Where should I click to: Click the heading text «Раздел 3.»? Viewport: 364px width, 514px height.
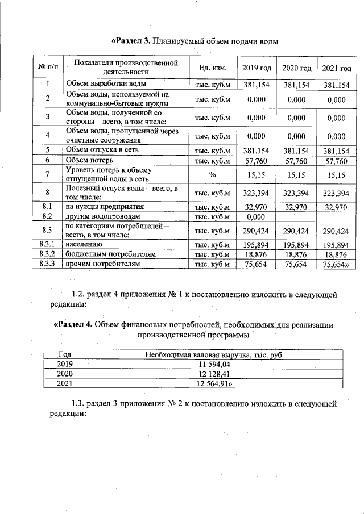coord(131,41)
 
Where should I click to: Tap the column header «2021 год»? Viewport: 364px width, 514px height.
coord(336,68)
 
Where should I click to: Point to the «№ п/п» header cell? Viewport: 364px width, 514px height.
coord(48,68)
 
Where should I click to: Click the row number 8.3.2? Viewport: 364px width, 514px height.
coord(48,254)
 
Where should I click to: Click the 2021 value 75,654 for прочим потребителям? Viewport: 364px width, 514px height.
coord(335,264)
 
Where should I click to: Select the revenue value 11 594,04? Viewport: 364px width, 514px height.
coord(214,364)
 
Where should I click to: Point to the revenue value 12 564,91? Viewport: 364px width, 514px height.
coord(214,383)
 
